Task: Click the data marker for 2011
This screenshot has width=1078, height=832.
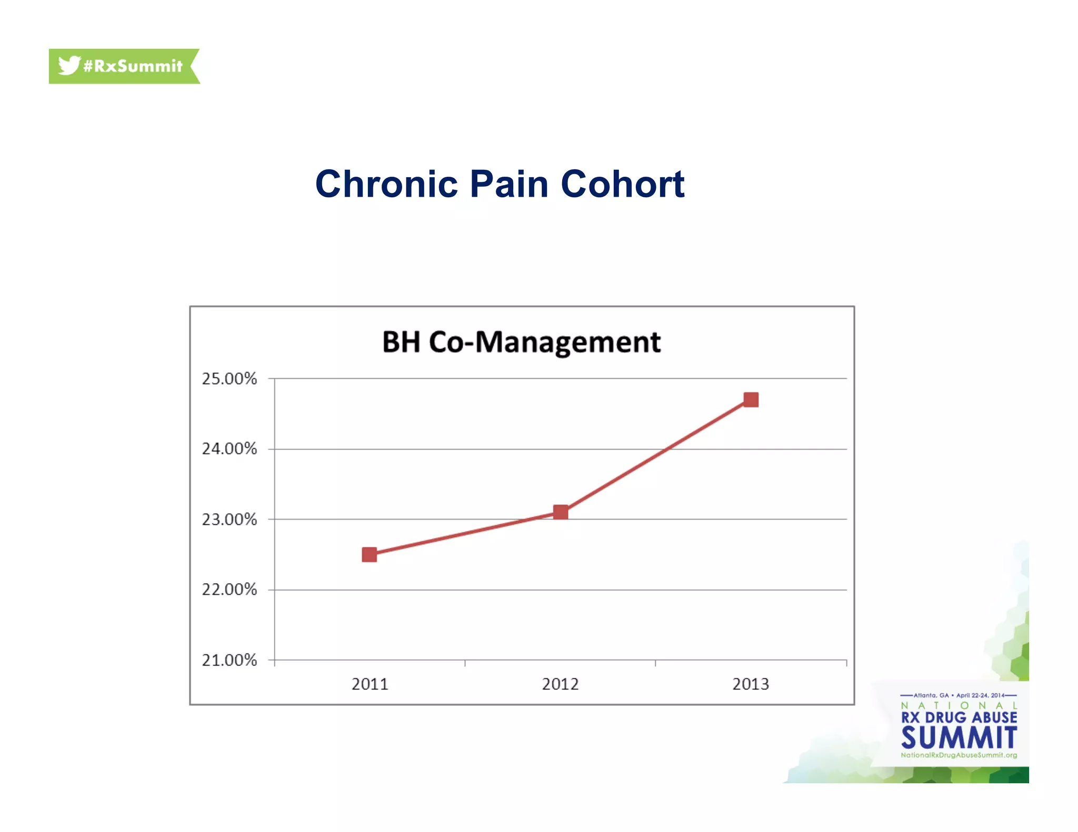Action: pyautogui.click(x=370, y=554)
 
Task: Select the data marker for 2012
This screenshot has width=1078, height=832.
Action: pyautogui.click(x=561, y=512)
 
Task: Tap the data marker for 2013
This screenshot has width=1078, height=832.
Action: pyautogui.click(x=751, y=400)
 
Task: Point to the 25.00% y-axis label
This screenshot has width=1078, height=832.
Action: pyautogui.click(x=229, y=379)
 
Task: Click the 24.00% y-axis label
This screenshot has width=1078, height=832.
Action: pyautogui.click(x=229, y=449)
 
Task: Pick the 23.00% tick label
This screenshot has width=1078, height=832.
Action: pyautogui.click(x=229, y=520)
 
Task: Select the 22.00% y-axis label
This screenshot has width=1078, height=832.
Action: pyautogui.click(x=229, y=590)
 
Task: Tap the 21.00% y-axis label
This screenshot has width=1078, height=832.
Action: pyautogui.click(x=229, y=660)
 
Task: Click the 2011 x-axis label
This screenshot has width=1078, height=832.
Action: pyautogui.click(x=370, y=684)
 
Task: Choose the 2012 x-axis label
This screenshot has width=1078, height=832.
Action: pyautogui.click(x=560, y=684)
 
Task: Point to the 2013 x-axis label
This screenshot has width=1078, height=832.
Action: pyautogui.click(x=751, y=684)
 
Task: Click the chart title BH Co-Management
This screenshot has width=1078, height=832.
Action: pyautogui.click(x=521, y=342)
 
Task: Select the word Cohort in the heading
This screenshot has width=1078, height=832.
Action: pyautogui.click(x=622, y=184)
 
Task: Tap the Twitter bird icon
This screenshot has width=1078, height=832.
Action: pyautogui.click(x=69, y=65)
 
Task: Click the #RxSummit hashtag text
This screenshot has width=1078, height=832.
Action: pyautogui.click(x=133, y=66)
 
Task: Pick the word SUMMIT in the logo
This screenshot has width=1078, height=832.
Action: pyautogui.click(x=959, y=737)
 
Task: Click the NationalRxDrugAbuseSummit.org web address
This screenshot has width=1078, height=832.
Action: pyautogui.click(x=959, y=755)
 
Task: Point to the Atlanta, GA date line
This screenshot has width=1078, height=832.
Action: pyautogui.click(x=959, y=695)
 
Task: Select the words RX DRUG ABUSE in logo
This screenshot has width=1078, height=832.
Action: pyautogui.click(x=959, y=718)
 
